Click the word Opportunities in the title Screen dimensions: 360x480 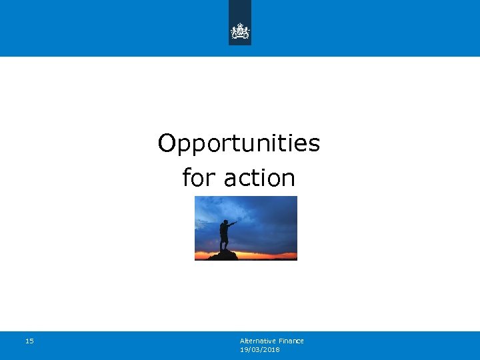tap(239, 143)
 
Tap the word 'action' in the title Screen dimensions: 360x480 tap(259, 178)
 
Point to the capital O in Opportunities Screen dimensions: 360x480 tap(167, 143)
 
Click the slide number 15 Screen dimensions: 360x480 tap(29, 341)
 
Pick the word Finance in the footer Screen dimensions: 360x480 tap(291, 341)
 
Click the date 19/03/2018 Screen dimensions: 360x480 tap(259, 349)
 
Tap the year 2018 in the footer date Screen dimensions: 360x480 tap(271, 349)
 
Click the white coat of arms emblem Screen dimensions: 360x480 tap(240, 31)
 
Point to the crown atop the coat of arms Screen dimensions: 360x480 tap(240, 25)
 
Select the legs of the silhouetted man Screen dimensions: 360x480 tap(225, 243)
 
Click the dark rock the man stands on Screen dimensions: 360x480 tap(223, 255)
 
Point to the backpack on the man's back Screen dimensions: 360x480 tap(221, 231)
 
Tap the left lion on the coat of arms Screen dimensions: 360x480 tap(234, 32)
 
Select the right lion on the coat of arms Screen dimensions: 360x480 tap(246, 32)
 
